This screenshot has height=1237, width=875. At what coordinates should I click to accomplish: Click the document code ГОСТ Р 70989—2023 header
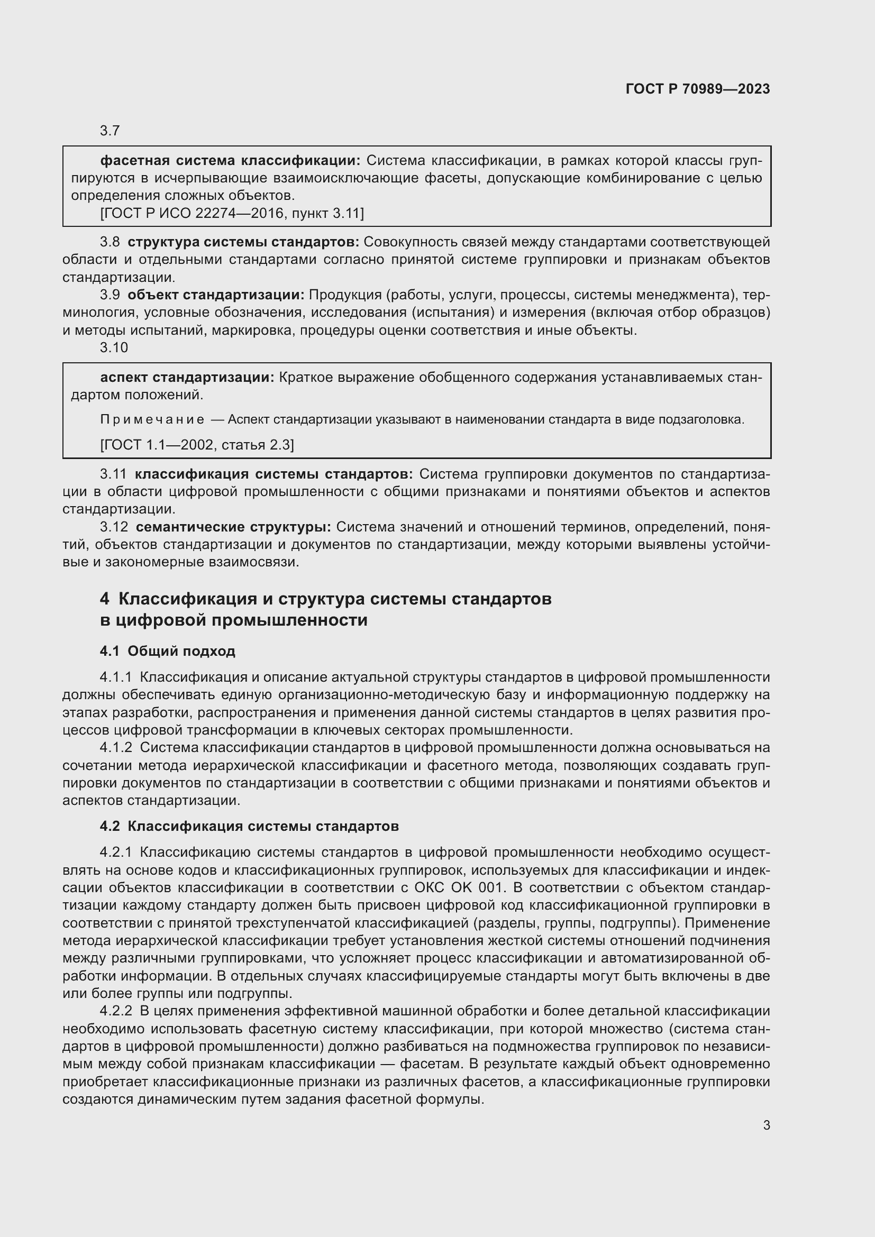pyautogui.click(x=698, y=89)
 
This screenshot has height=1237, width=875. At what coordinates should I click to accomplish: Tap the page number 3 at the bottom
pyautogui.click(x=766, y=1125)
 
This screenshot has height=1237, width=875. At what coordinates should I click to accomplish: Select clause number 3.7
pyautogui.click(x=110, y=131)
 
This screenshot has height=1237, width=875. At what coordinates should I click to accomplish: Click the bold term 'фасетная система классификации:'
pyautogui.click(x=230, y=161)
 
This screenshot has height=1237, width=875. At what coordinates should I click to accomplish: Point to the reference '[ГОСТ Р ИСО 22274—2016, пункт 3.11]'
pyautogui.click(x=232, y=213)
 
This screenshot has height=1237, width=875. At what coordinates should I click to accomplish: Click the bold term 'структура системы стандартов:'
pyautogui.click(x=243, y=242)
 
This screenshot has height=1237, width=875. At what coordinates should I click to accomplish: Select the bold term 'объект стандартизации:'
pyautogui.click(x=216, y=295)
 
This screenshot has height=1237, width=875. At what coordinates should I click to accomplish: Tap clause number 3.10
pyautogui.click(x=114, y=347)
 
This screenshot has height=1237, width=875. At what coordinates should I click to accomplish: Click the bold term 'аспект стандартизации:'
pyautogui.click(x=187, y=377)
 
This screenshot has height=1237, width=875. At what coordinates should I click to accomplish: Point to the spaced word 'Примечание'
pyautogui.click(x=152, y=420)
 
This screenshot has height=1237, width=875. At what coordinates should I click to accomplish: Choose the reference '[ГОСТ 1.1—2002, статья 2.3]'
pyautogui.click(x=197, y=444)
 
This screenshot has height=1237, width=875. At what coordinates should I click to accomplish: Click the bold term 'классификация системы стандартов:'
pyautogui.click(x=274, y=474)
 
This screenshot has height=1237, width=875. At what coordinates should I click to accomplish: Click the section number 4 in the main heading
pyautogui.click(x=105, y=599)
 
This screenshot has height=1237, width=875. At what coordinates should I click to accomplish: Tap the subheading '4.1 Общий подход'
pyautogui.click(x=168, y=651)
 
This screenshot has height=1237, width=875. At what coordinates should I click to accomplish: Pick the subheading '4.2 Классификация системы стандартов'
pyautogui.click(x=250, y=826)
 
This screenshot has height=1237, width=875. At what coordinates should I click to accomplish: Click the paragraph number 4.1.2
pyautogui.click(x=116, y=747)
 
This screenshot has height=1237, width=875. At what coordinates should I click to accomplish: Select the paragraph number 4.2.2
pyautogui.click(x=116, y=1011)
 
